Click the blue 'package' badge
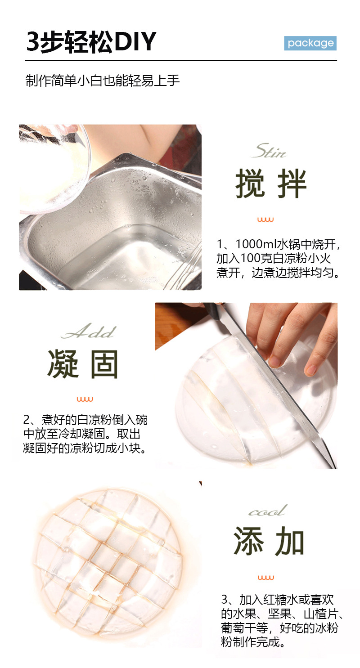(x=310, y=43)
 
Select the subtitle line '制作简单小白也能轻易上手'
(x=103, y=81)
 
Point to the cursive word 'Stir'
(x=269, y=151)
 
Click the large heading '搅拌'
(x=271, y=184)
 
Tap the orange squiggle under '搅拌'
(x=265, y=220)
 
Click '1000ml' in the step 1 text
(x=256, y=244)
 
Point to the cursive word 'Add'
(x=89, y=331)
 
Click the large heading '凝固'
(x=83, y=364)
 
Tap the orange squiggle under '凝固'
(x=85, y=399)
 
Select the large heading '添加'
(x=269, y=541)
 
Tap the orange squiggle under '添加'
(x=266, y=578)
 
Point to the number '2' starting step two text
(x=27, y=420)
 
